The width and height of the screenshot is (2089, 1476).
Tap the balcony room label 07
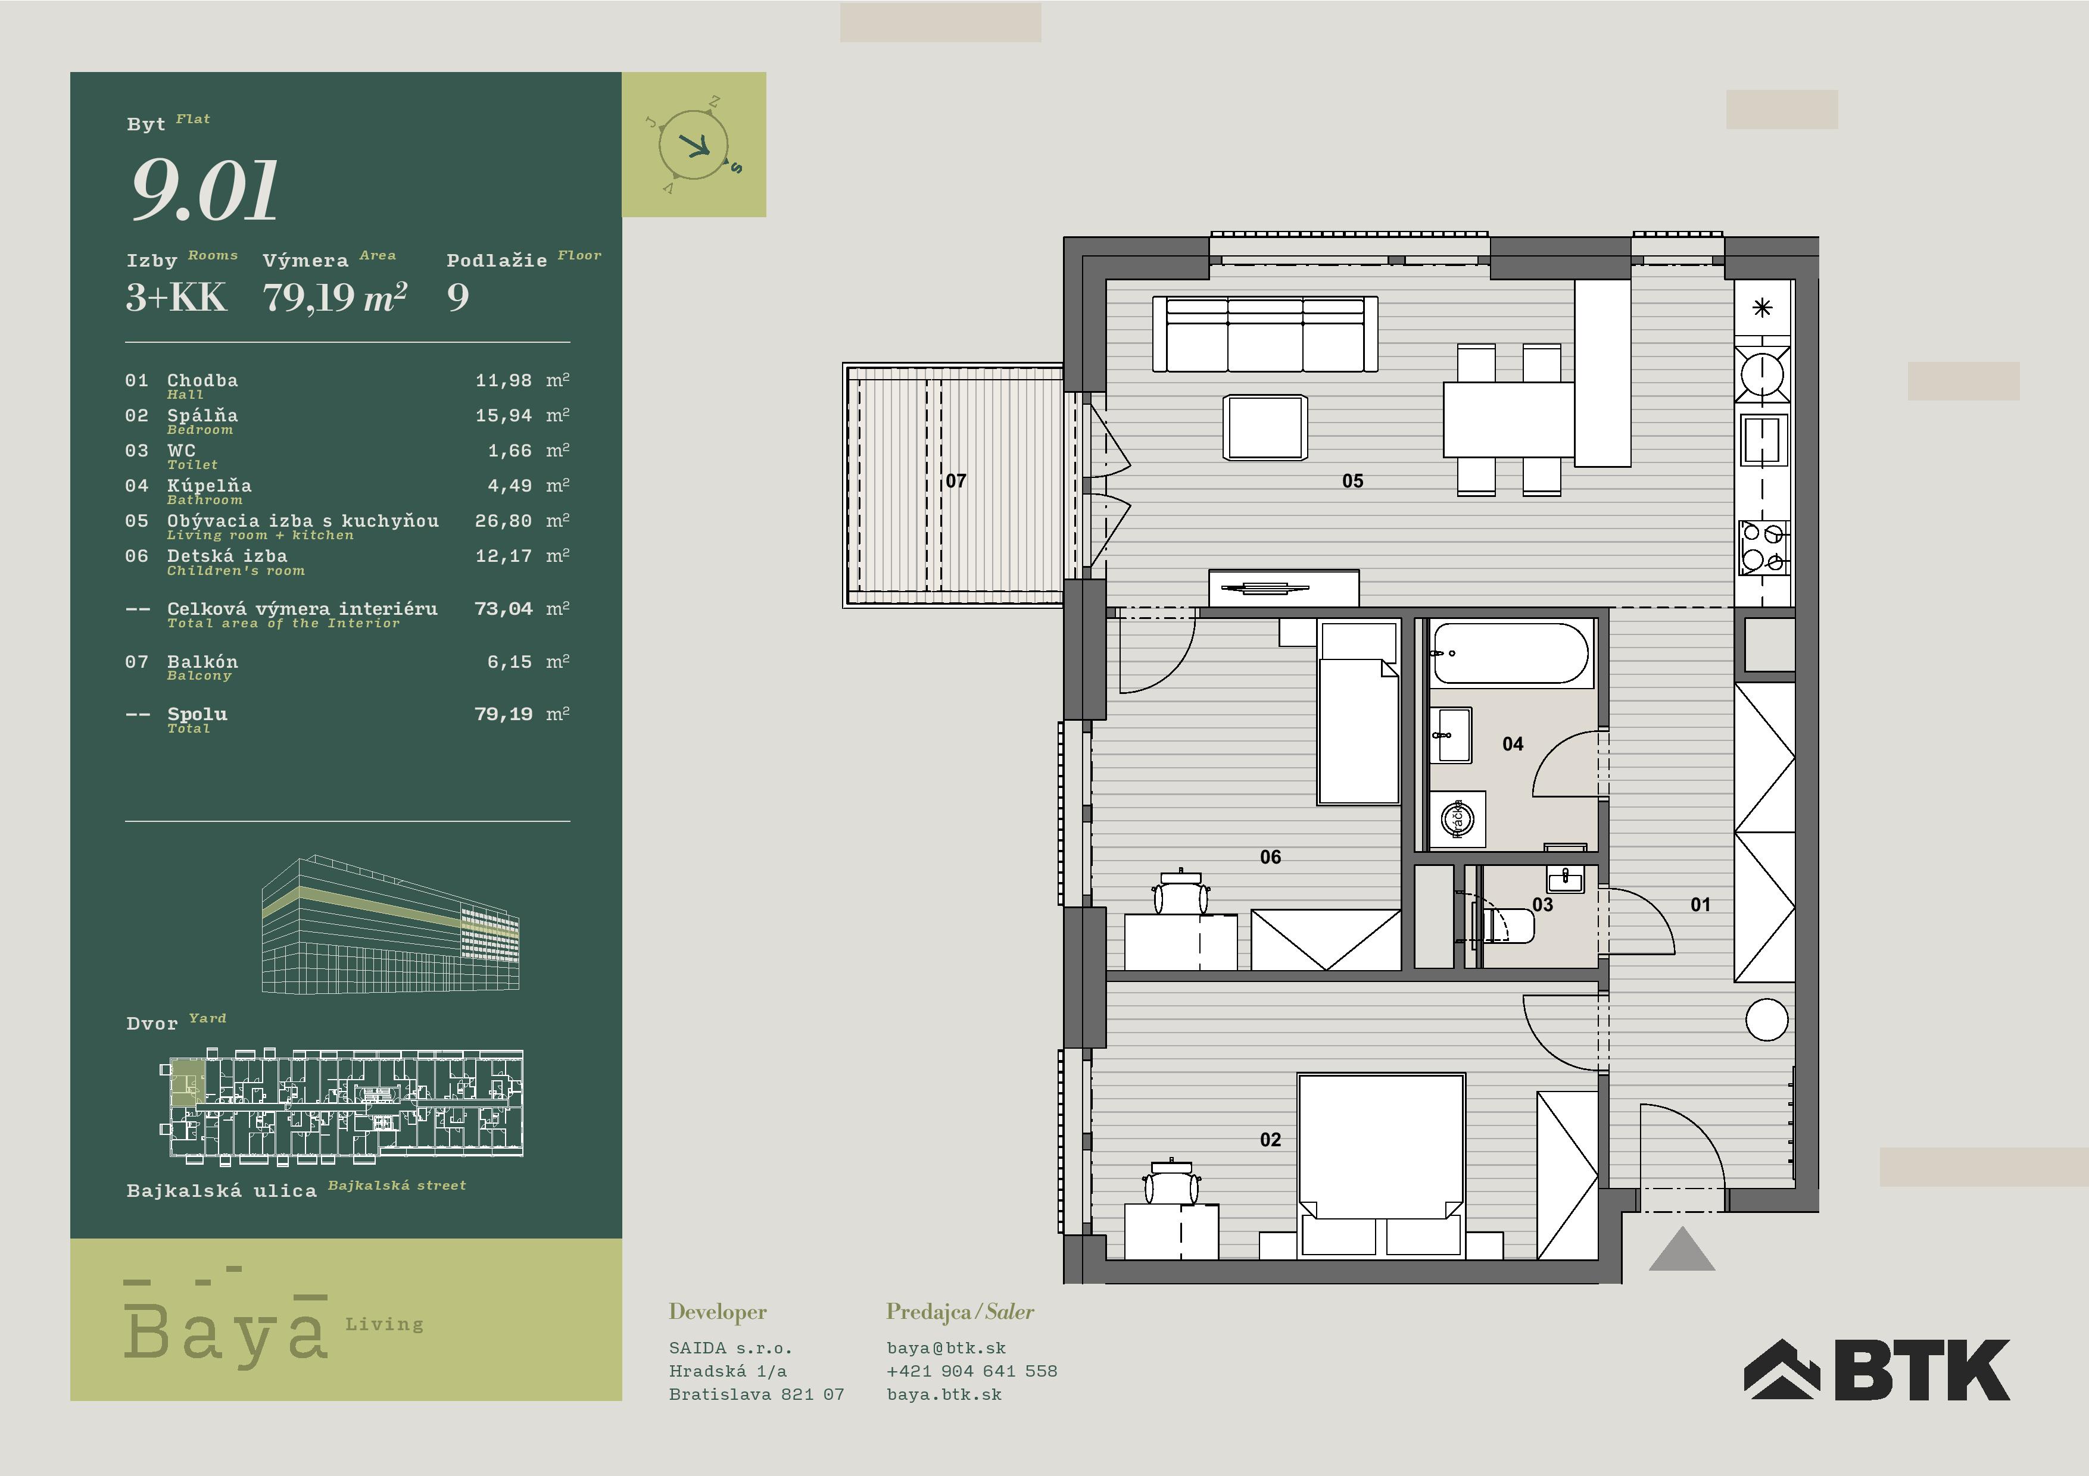click(955, 481)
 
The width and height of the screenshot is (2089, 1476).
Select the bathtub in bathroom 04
click(1510, 653)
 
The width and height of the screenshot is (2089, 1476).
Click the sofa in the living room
click(1265, 334)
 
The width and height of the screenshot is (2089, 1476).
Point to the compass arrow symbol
click(697, 145)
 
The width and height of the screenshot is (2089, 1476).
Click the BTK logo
click(1876, 1369)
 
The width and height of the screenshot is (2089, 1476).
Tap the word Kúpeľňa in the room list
click(209, 486)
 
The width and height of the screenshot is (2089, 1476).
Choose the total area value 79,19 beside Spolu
click(503, 715)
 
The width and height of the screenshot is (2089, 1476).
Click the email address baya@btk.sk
click(946, 1349)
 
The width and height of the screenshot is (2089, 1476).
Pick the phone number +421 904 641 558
click(972, 1371)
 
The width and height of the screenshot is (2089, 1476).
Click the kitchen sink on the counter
click(1762, 440)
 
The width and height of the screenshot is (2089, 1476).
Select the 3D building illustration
click(390, 924)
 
